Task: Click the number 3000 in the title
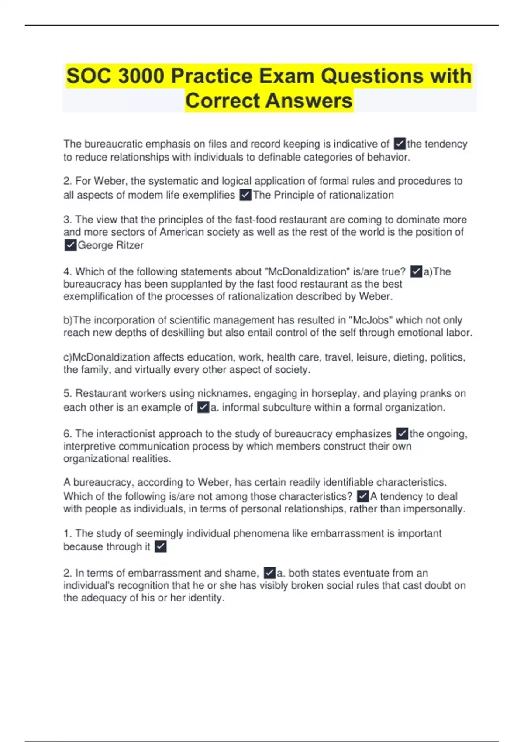pyautogui.click(x=141, y=76)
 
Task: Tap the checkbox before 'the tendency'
pyautogui.click(x=400, y=144)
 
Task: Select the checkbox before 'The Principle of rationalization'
pyautogui.click(x=246, y=195)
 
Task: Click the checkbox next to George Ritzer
pyautogui.click(x=70, y=245)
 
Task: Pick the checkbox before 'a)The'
pyautogui.click(x=417, y=271)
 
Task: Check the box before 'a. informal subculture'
pyautogui.click(x=203, y=408)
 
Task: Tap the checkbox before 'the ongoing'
pyautogui.click(x=402, y=434)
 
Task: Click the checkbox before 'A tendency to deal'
pyautogui.click(x=363, y=496)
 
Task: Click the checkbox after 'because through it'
pyautogui.click(x=161, y=546)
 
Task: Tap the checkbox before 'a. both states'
pyautogui.click(x=270, y=573)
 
